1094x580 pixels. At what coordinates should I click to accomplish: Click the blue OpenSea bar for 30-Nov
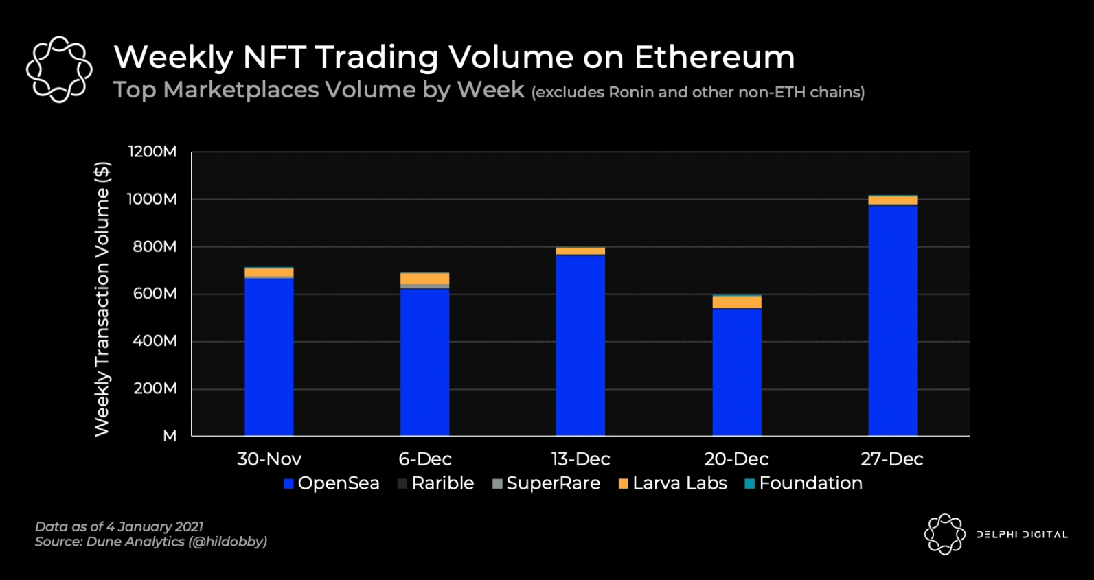(x=269, y=357)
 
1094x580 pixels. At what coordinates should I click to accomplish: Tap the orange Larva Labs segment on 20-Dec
(x=736, y=302)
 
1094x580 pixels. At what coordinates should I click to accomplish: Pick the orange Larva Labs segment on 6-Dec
(x=424, y=278)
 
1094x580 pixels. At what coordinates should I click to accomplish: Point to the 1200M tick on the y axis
(x=152, y=152)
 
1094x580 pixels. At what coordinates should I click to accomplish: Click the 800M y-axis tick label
(x=155, y=246)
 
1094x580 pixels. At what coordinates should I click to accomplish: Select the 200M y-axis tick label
(x=155, y=388)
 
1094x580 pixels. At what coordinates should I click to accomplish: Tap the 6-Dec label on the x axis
(x=424, y=459)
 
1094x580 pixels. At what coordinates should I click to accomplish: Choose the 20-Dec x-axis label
(x=736, y=459)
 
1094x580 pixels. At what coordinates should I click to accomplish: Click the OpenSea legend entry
(x=331, y=483)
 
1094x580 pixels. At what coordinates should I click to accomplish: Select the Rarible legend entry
(x=435, y=483)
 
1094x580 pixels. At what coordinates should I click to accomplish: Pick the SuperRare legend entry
(x=547, y=483)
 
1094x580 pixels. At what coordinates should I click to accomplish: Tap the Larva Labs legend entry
(x=672, y=483)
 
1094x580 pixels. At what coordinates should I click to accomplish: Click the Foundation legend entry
(x=804, y=483)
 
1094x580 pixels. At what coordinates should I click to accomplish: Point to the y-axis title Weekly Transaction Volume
(x=102, y=299)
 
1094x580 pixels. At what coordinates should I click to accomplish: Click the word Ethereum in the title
(x=714, y=57)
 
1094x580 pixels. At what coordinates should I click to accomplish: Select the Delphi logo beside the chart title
(x=59, y=69)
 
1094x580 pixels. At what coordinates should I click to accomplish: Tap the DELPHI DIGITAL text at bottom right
(x=1022, y=535)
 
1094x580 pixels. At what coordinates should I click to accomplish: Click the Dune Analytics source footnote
(x=151, y=542)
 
